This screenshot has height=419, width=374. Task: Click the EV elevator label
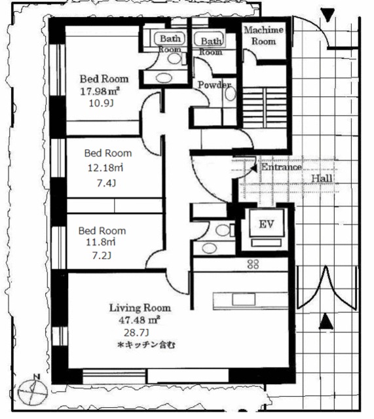pos(267,224)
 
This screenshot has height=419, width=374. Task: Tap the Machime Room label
pos(263,35)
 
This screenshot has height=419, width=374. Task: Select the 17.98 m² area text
pos(100,92)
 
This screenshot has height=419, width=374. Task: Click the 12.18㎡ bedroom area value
pos(105,168)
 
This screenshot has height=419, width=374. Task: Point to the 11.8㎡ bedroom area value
pos(100,242)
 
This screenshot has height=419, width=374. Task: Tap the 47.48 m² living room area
pos(140,319)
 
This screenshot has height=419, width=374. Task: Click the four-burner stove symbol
pos(253,264)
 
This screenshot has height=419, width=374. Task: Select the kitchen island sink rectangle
pos(244,299)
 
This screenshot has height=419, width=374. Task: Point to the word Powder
pos(214,84)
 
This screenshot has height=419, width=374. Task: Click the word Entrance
pos(281,167)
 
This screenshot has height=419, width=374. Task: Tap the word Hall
pos(322,178)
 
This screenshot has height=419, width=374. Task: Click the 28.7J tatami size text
pos(136,333)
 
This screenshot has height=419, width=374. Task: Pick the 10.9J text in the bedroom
pos(101,103)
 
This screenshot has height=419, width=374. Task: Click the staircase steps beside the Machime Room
pos(265,107)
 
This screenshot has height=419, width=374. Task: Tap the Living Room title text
pos(140,308)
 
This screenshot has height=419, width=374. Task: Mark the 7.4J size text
pos(106,183)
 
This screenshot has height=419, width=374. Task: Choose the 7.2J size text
pos(102,256)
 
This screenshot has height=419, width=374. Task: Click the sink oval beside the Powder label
pos(230,94)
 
